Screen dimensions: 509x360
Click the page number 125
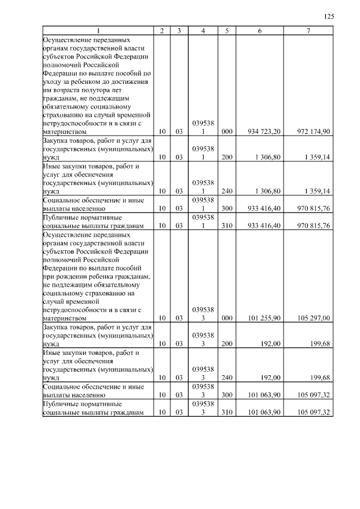330,17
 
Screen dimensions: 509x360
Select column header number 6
259,31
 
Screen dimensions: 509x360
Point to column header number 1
98,31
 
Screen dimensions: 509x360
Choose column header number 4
202,31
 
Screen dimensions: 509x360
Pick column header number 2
162,31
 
